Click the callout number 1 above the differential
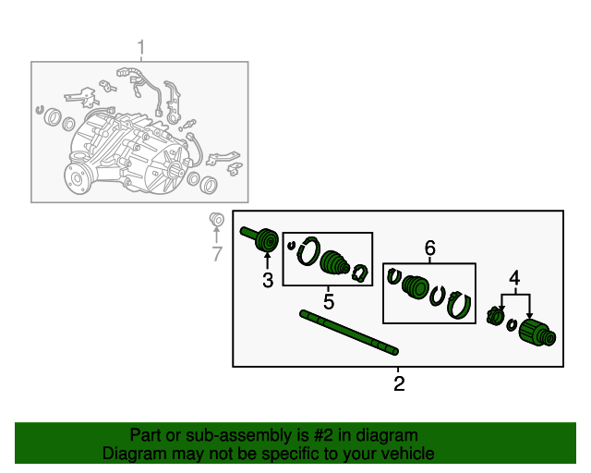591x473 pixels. click(x=141, y=48)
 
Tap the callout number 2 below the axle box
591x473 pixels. click(x=399, y=383)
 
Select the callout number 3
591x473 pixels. click(x=268, y=280)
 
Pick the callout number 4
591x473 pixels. click(x=514, y=278)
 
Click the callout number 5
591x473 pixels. click(x=329, y=302)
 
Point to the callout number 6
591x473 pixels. click(x=430, y=248)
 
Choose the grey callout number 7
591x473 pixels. click(x=217, y=254)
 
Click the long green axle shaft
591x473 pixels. click(x=349, y=333)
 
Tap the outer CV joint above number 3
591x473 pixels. click(x=260, y=238)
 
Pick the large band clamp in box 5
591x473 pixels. click(x=309, y=251)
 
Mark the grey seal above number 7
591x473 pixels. click(x=217, y=219)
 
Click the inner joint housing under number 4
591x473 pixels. click(x=537, y=333)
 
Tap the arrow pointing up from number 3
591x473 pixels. click(x=268, y=261)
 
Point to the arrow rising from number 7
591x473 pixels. click(x=216, y=235)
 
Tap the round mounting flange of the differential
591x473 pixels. click(x=78, y=178)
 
